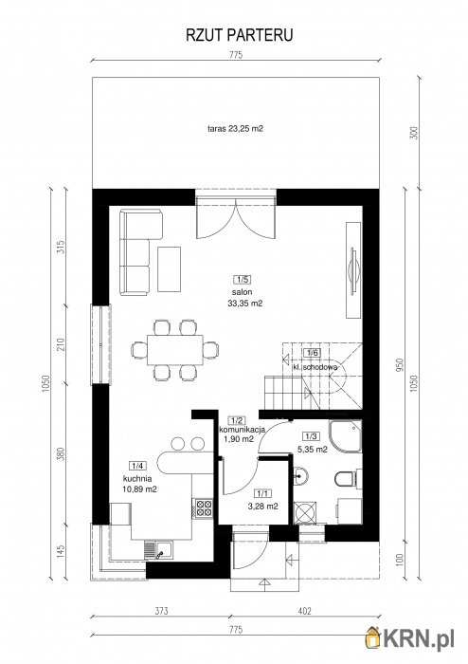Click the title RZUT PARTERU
click(239, 36)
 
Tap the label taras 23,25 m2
click(236, 128)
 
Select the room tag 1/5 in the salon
click(243, 279)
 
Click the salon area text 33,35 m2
click(245, 304)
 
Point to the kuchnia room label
click(137, 478)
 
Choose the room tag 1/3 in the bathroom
click(311, 436)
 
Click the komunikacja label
click(242, 430)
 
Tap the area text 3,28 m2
click(265, 506)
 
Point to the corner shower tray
click(345, 436)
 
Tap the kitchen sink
click(157, 551)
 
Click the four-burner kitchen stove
click(204, 507)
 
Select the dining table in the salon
click(175, 350)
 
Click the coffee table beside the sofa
click(170, 269)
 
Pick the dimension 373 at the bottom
click(161, 611)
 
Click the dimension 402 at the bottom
click(304, 611)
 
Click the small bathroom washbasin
click(300, 475)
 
